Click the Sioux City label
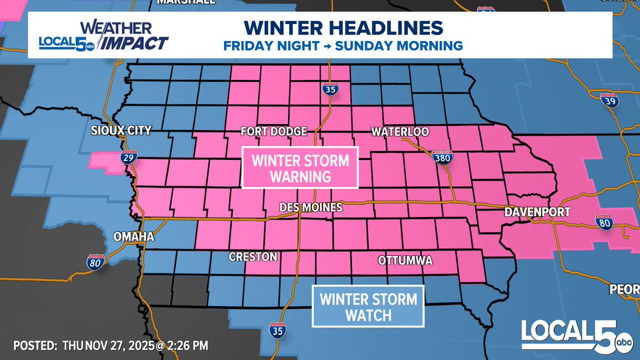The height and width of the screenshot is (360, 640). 122,131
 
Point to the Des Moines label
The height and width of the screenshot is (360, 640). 311,207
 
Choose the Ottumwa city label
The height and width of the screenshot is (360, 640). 405,261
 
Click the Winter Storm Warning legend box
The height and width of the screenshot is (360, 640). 300,168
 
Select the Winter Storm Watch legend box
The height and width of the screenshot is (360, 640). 368,306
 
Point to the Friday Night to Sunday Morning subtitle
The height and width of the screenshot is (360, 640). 343,46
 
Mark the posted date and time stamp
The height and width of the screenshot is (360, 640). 110,346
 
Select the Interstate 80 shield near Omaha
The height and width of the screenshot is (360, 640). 94,261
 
